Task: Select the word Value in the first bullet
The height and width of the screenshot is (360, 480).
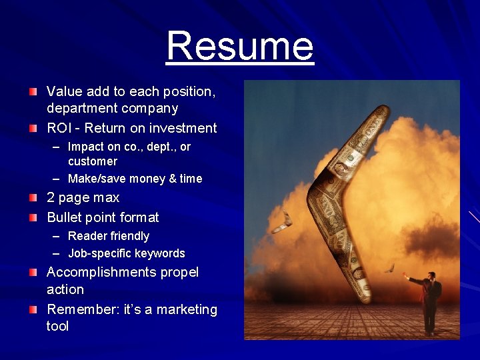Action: point(64,91)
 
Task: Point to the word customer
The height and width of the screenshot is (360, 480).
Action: point(92,161)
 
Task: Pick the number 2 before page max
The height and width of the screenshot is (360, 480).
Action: point(51,198)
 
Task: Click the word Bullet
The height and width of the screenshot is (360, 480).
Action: point(65,217)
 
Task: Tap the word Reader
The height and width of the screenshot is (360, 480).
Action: point(87,236)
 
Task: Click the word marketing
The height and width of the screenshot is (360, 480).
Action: point(186,309)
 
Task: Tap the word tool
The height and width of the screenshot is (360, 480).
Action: point(57,327)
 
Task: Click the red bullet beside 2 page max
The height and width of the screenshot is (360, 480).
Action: point(33,198)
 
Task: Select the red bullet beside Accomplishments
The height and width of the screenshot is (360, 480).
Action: point(33,273)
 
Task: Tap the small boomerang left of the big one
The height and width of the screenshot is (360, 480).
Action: point(287,219)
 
